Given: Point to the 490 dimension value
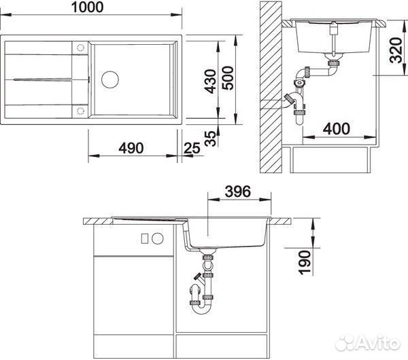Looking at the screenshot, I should pyautogui.click(x=131, y=147).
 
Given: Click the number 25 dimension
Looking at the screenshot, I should pyautogui.click(x=192, y=147).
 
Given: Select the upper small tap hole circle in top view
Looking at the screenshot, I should pyautogui.click(x=80, y=48).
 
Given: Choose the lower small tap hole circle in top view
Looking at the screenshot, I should pyautogui.click(x=80, y=109).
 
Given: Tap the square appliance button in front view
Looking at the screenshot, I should pyautogui.click(x=143, y=238).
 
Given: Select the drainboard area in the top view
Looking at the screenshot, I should pyautogui.click(x=41, y=78).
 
